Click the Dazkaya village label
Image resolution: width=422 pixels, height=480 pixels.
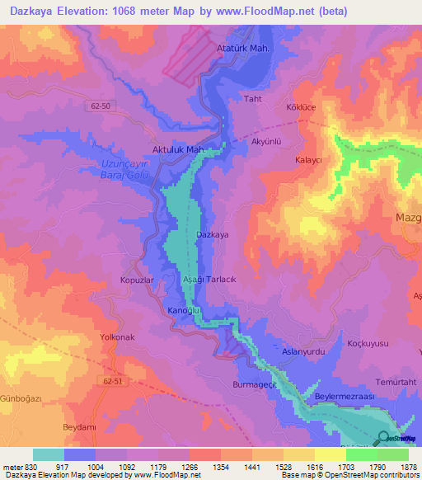(x=212, y=235)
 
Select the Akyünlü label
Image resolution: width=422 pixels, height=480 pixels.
(x=266, y=141)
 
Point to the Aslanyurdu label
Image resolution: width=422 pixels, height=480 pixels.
(x=299, y=351)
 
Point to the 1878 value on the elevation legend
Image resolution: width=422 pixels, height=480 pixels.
(x=398, y=467)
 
